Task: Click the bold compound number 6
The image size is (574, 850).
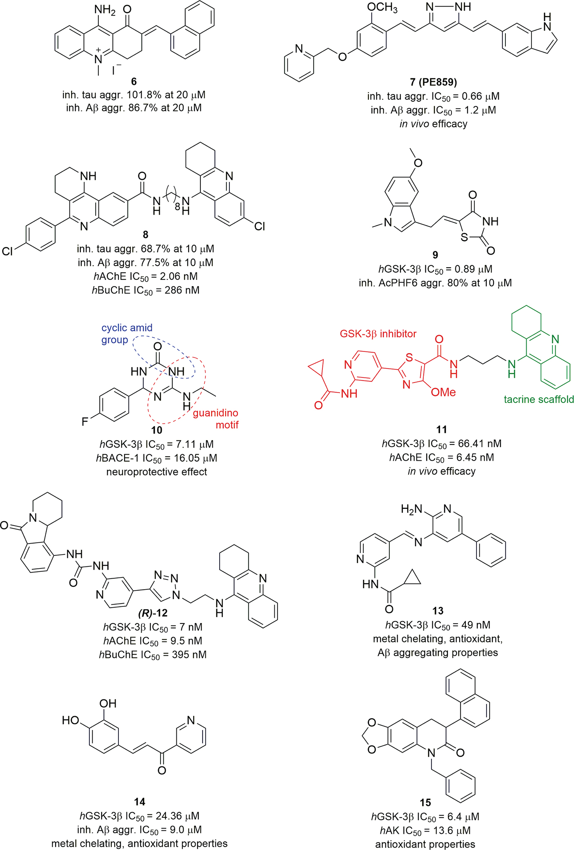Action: (x=133, y=82)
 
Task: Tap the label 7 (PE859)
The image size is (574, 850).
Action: (x=433, y=82)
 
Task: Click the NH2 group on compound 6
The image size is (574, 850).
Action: (x=105, y=9)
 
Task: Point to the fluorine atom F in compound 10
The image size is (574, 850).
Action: (x=85, y=422)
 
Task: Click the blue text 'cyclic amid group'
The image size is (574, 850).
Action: (x=127, y=333)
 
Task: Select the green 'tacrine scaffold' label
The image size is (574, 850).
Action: (x=538, y=399)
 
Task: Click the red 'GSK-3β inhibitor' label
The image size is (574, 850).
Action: (x=378, y=334)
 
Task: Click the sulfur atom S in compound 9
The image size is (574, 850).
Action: (x=464, y=237)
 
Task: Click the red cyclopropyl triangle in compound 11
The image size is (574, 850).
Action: (x=318, y=369)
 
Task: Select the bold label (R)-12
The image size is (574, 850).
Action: (x=153, y=613)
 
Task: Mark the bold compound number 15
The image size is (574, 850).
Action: (x=425, y=803)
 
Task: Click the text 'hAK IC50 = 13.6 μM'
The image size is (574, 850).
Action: (x=425, y=830)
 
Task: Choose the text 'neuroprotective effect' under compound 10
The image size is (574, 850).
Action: (x=157, y=472)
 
